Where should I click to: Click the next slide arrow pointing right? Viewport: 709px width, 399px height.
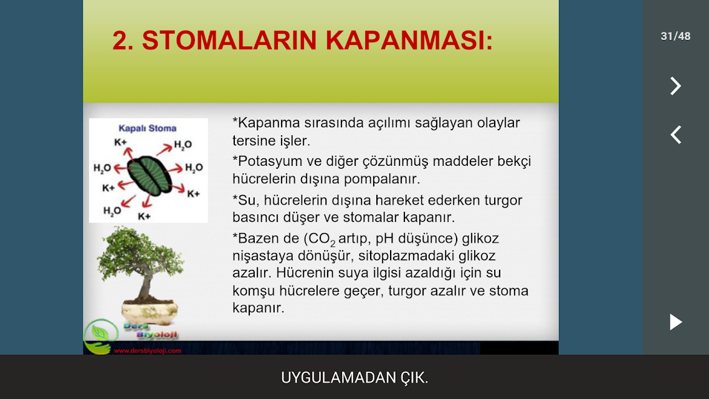[x=675, y=86]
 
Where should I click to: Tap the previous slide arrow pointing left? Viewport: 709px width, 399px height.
[x=675, y=135]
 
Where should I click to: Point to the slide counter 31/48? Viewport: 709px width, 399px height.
[x=675, y=36]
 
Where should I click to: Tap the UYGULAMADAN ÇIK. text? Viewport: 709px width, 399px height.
[x=354, y=378]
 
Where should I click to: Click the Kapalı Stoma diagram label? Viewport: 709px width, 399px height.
[x=148, y=128]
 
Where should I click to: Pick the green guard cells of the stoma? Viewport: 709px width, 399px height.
[x=150, y=176]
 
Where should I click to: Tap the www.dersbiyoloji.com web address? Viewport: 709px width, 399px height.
[x=148, y=350]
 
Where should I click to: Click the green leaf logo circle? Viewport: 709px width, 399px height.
[x=101, y=335]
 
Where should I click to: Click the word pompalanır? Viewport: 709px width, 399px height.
[x=382, y=179]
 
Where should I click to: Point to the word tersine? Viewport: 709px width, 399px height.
[x=253, y=141]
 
